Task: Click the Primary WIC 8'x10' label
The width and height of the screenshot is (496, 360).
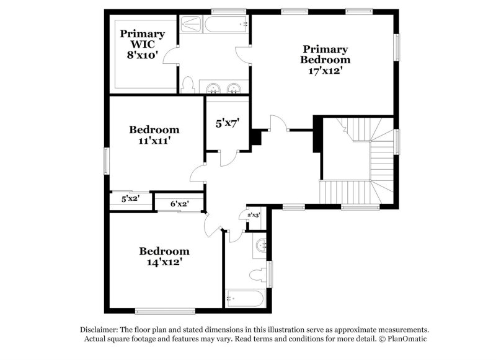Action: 143,44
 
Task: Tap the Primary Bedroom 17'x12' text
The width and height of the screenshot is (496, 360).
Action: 325,59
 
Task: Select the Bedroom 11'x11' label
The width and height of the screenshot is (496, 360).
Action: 154,135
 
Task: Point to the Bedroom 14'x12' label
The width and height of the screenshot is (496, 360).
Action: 164,257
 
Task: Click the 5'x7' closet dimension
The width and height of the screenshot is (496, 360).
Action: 228,123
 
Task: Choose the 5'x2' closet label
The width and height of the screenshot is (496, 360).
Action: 130,199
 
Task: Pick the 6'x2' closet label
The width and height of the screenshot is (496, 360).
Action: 179,203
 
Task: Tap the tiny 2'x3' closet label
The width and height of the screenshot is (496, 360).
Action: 254,215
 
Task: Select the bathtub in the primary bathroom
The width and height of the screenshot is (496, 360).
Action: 226,24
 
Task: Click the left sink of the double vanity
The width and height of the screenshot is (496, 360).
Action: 213,87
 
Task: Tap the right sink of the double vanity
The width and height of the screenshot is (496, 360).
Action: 234,87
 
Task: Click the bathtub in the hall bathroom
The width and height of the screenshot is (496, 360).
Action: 246,299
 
